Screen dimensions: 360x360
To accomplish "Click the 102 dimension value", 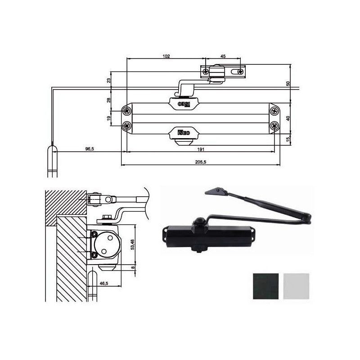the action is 166,56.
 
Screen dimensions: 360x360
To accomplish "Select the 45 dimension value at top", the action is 223,56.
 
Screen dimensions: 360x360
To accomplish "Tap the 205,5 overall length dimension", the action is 201,162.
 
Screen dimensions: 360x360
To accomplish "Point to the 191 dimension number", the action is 201,149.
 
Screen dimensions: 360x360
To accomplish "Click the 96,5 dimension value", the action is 90,149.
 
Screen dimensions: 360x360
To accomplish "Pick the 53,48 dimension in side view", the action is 132,244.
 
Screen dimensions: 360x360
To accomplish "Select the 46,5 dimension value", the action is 104,283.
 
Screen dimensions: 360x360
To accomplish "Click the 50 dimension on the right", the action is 288,84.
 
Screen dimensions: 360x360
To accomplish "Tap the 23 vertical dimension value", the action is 109,81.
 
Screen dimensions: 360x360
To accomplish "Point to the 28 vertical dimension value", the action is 109,100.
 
